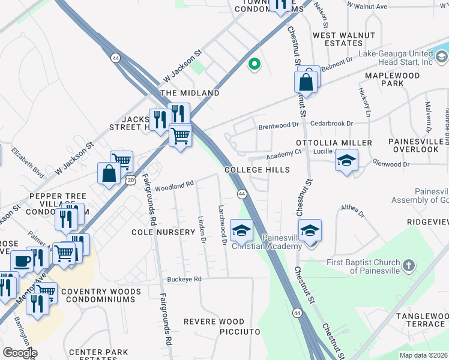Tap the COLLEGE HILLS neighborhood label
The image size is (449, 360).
pyautogui.click(x=258, y=170)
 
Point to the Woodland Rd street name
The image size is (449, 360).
pyautogui.click(x=174, y=187)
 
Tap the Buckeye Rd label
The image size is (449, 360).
pyautogui.click(x=184, y=280)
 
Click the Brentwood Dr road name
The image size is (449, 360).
pyautogui.click(x=278, y=126)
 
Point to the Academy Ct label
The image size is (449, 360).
pyautogui.click(x=284, y=154)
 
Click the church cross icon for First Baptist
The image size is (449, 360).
pyautogui.click(x=408, y=265)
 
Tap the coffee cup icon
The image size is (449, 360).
pyautogui.click(x=22, y=261)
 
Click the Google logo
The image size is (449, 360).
pyautogui.click(x=20, y=353)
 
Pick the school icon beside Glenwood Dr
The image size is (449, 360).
pyautogui.click(x=346, y=160)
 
